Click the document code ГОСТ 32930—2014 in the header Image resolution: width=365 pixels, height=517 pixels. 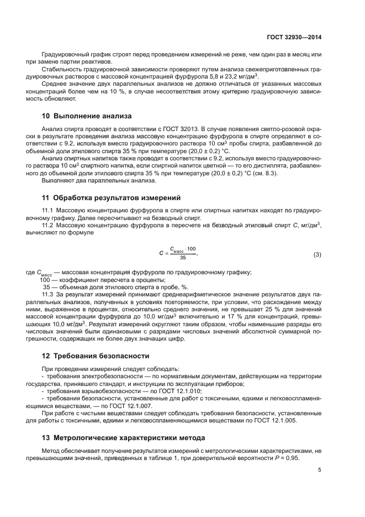coord(293,37)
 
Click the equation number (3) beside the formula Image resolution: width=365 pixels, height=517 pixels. coord(318,254)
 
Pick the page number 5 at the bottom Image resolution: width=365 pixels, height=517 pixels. coord(320,471)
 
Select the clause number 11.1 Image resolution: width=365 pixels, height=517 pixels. coord(48,211)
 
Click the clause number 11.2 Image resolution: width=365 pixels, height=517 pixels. coord(48,225)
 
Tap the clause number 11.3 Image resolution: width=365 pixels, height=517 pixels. coord(48,295)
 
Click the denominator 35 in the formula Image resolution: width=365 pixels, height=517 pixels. coord(183,258)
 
